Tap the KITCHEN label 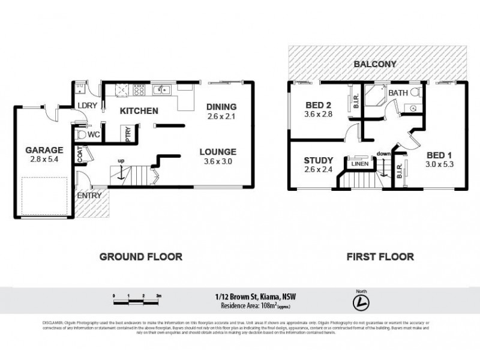(x=139, y=111)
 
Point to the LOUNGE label (x=218, y=152)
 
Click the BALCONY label (x=376, y=64)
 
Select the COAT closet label (x=80, y=155)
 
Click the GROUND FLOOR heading (x=140, y=257)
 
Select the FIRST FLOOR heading (x=380, y=257)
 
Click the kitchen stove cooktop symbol (x=140, y=91)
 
